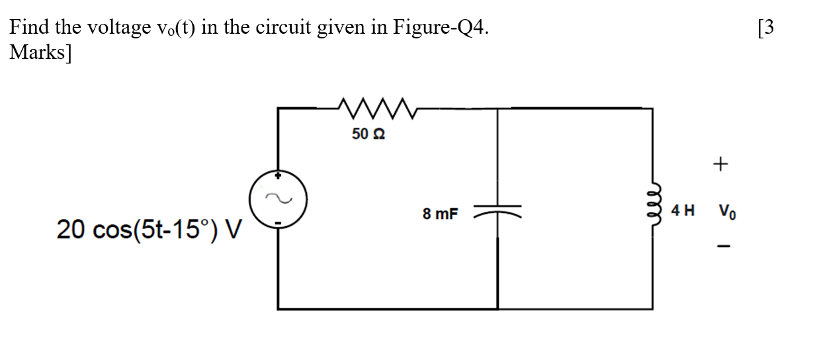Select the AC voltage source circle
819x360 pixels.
pos(278,199)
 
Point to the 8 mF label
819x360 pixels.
pos(441,214)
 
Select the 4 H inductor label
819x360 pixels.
pos(683,212)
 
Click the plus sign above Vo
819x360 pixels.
pos(720,163)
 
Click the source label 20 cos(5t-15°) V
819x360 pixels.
pos(150,230)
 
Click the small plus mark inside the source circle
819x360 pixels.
pos(279,177)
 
